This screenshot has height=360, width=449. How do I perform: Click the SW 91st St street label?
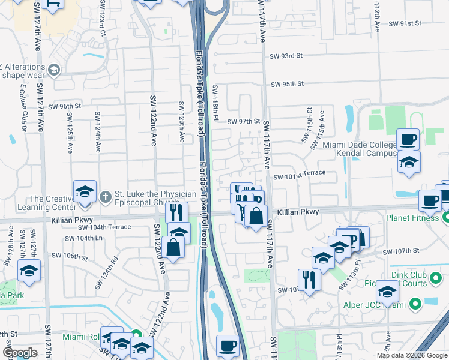405,23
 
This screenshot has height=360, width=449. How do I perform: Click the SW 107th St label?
402,250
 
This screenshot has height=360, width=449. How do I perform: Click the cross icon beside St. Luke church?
105,196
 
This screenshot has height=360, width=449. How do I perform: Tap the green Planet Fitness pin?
445,217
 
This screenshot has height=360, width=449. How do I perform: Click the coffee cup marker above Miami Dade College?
408,140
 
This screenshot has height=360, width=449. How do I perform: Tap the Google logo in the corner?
20,352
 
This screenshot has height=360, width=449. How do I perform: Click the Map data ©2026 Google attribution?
412,355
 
